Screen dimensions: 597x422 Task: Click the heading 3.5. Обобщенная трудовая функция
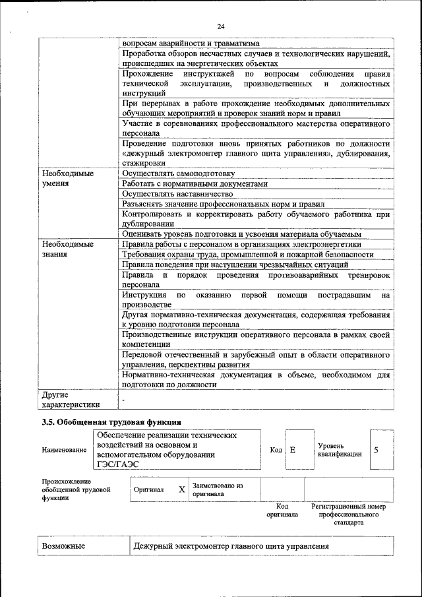111,422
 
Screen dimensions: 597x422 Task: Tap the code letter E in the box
292,450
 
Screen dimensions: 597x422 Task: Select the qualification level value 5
376,450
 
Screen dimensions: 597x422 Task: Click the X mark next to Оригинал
181,490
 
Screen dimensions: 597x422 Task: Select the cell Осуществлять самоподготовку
178,173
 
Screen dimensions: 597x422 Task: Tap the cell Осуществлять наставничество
177,194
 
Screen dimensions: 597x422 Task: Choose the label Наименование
64,450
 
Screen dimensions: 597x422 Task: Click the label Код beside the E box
276,450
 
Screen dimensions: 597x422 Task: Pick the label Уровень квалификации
339,450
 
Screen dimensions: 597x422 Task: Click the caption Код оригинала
282,511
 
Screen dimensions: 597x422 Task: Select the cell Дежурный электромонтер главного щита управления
231,547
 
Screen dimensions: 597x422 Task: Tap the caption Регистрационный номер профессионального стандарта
348,514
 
